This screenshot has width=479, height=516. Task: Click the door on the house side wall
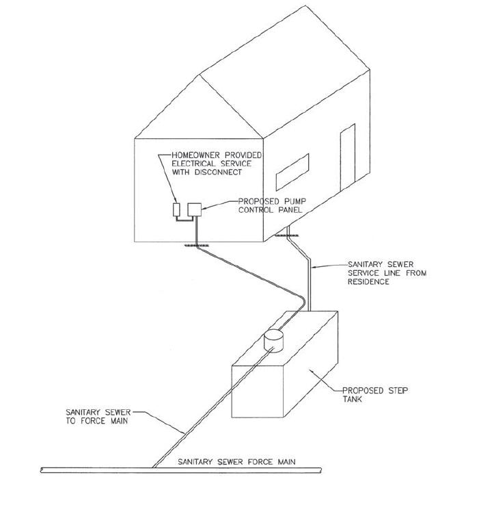tap(348, 157)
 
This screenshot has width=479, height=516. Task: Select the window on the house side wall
tap(292, 172)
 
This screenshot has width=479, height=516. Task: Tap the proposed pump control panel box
tap(194, 209)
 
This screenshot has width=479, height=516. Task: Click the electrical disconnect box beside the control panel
tap(176, 209)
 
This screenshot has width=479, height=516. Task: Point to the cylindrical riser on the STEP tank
tap(273, 341)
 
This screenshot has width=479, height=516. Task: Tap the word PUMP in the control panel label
tap(295, 201)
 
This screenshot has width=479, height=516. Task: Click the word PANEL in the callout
tap(290, 210)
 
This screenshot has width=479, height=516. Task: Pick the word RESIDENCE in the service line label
tap(368, 282)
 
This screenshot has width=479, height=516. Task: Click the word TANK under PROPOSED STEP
tap(352, 399)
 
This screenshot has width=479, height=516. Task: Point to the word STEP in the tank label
tap(398, 391)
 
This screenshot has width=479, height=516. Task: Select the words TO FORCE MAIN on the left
tap(97, 421)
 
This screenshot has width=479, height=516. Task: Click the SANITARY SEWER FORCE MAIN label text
tap(236, 462)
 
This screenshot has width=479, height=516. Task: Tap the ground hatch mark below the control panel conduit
tap(197, 245)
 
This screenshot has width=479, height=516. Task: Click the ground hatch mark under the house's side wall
tap(286, 235)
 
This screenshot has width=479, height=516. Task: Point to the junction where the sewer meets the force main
tap(154, 467)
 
